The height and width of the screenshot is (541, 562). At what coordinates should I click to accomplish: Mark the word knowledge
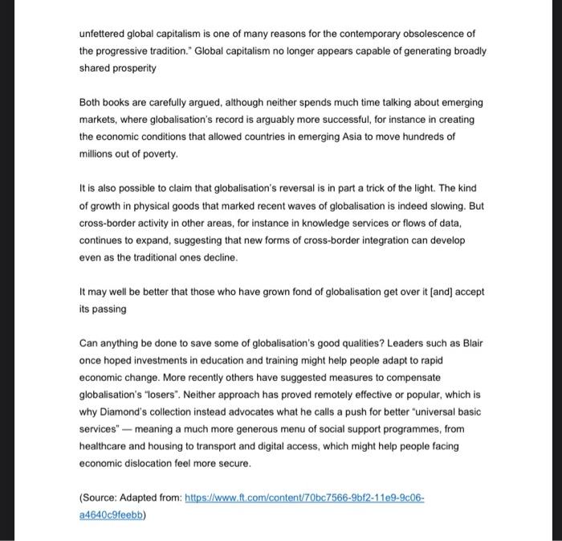[x=347, y=223]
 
